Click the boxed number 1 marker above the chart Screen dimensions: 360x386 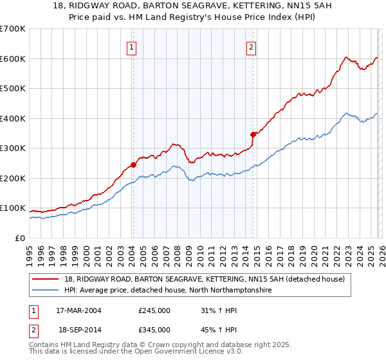point(131,46)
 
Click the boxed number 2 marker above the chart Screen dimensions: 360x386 point(251,46)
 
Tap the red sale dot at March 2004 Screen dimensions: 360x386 point(133,165)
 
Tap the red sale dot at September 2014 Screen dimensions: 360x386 point(253,134)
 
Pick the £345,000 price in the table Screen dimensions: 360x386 point(154,329)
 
